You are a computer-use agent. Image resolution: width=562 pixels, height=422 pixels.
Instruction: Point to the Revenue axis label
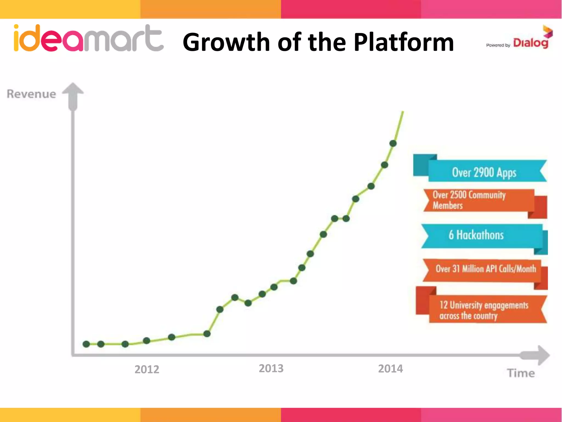pos(31,94)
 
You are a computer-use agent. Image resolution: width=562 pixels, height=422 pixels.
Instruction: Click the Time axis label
pos(521,373)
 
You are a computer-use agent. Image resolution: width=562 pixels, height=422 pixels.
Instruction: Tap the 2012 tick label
pos(147,369)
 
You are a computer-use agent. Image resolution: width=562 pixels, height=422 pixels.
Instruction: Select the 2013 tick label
pos(271,368)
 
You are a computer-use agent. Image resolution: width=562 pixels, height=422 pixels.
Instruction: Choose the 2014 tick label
pos(390,369)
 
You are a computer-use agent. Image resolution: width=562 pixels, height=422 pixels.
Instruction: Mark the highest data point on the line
pos(393,143)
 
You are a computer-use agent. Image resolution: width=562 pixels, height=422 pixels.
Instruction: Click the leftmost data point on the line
pos(86,344)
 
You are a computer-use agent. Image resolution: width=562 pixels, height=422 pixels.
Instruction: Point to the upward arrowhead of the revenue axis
pos(73,89)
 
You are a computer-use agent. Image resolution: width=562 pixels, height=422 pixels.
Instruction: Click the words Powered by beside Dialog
pos(498,45)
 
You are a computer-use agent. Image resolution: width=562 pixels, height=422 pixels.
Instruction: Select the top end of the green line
pos(403,112)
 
